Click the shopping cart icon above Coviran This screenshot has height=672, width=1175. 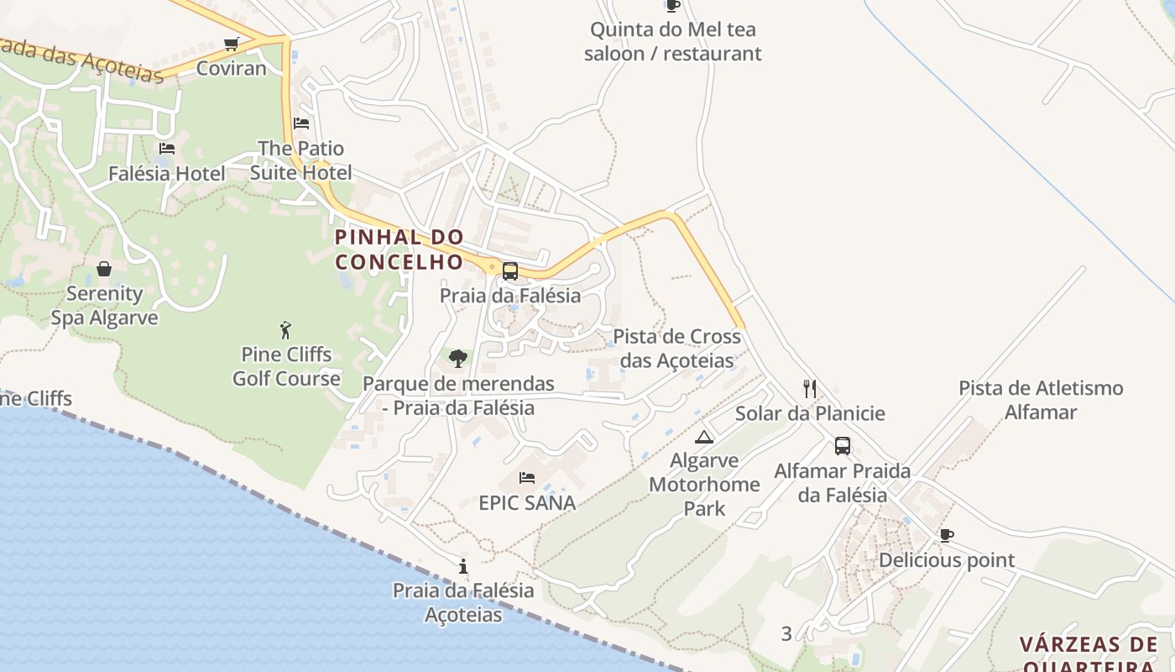(x=231, y=44)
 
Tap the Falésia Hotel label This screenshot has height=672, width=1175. (x=167, y=174)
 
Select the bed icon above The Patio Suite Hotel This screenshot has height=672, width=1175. (x=301, y=123)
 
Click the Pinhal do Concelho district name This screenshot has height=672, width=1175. (x=399, y=249)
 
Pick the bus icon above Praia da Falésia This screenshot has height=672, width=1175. (x=509, y=271)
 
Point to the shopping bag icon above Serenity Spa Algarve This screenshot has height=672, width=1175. (x=104, y=269)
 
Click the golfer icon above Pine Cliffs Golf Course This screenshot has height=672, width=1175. (x=286, y=329)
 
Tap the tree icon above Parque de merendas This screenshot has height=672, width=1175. (x=457, y=359)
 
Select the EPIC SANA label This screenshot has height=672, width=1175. (x=527, y=503)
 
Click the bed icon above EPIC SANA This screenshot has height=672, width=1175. (x=527, y=478)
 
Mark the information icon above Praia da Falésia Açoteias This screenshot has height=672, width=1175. (x=462, y=566)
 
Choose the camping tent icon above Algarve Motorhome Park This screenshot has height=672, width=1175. (x=703, y=436)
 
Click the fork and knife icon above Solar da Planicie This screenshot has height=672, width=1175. (x=810, y=388)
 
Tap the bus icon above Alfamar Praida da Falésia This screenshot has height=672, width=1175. (x=842, y=446)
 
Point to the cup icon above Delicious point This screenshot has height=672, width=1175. (x=947, y=535)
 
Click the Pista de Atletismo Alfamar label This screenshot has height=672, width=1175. (x=1041, y=400)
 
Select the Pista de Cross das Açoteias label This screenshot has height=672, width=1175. (x=676, y=348)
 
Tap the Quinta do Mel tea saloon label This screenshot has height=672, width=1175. (x=673, y=41)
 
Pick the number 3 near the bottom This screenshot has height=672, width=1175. (x=786, y=634)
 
